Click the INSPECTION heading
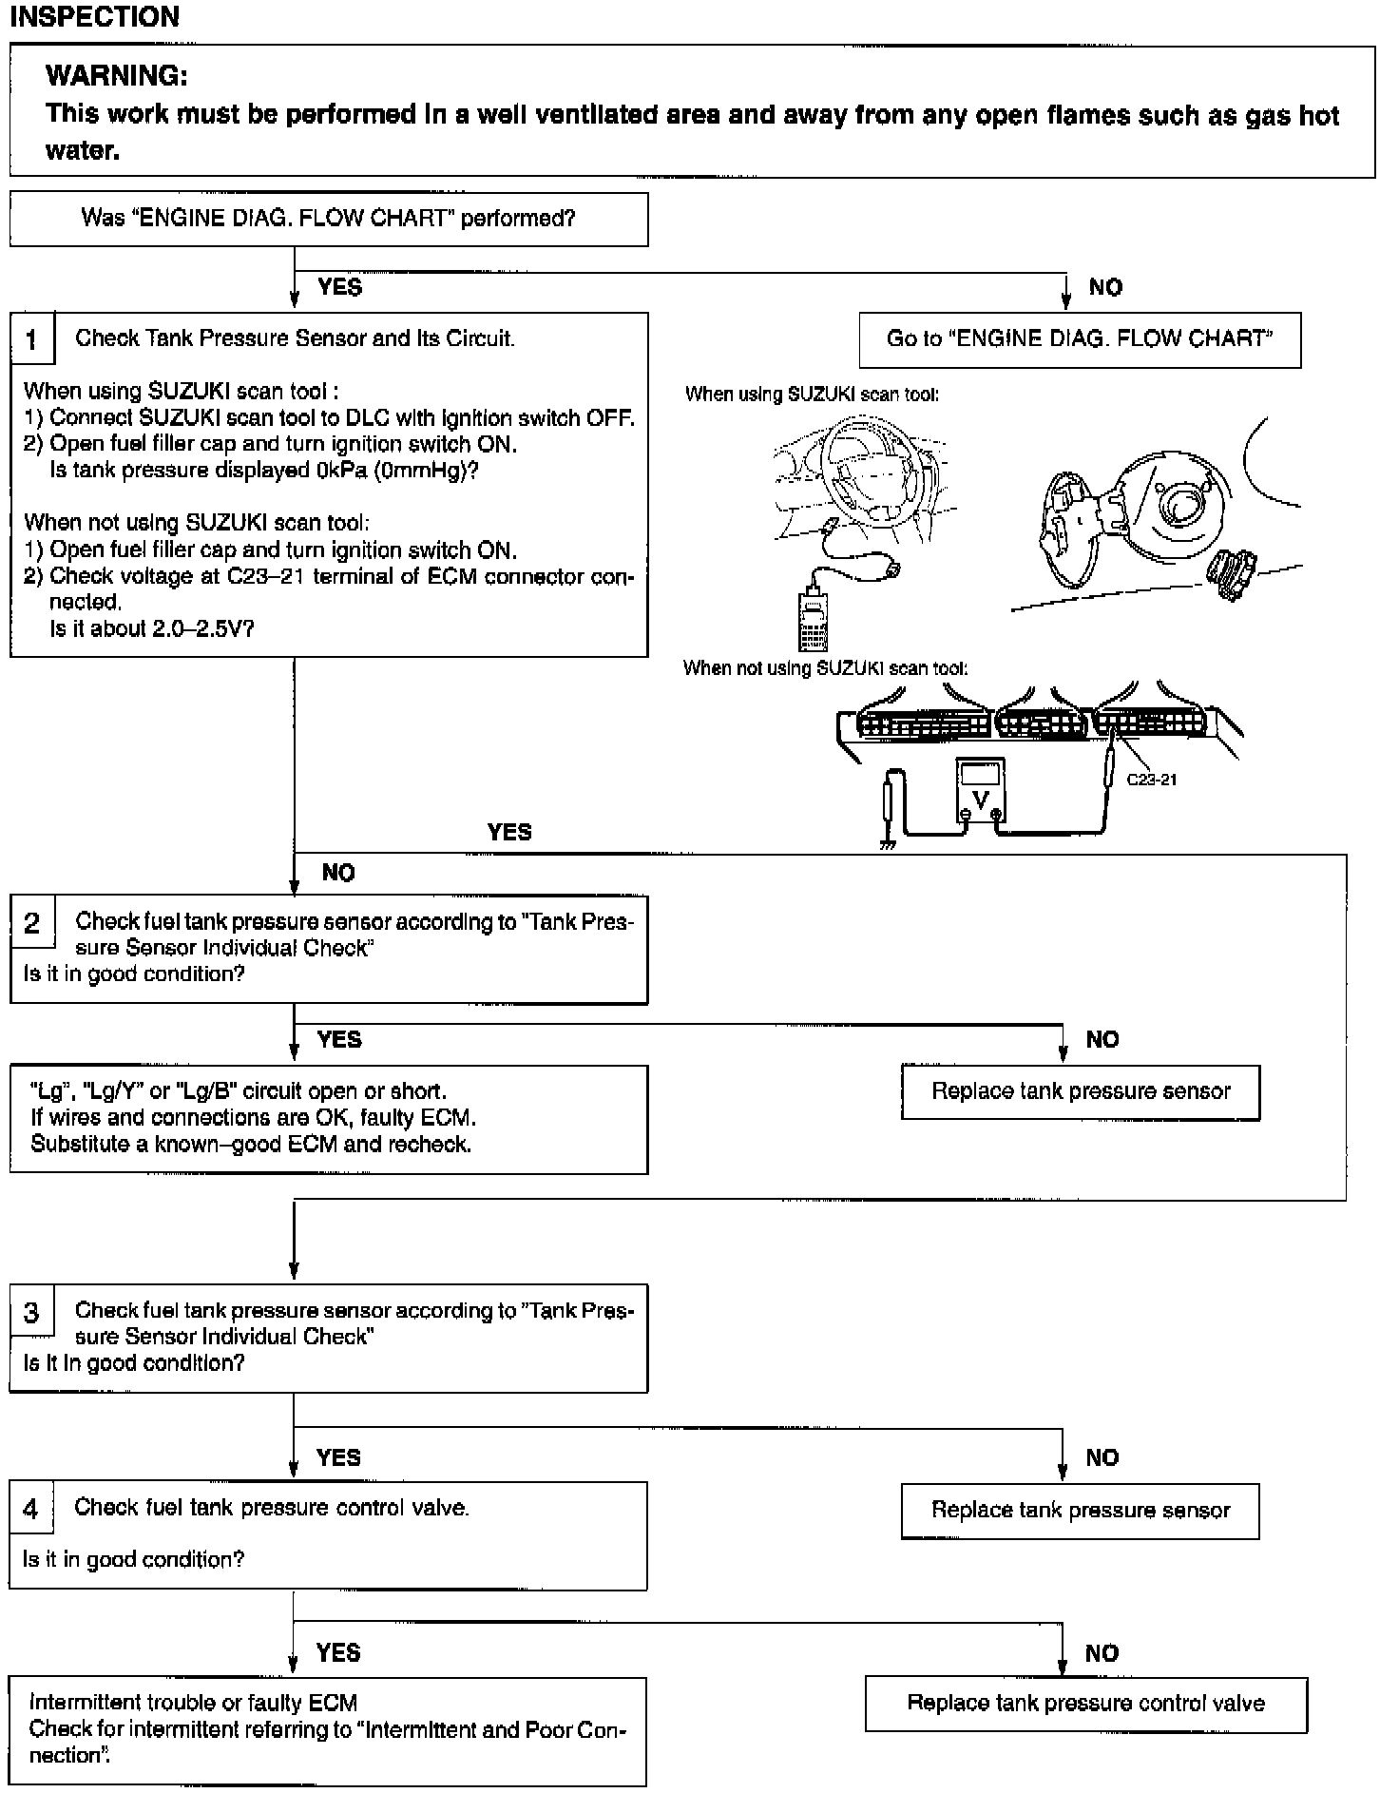point(94,17)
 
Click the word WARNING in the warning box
point(116,75)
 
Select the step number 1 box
point(32,338)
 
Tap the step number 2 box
point(32,922)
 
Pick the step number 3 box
point(32,1312)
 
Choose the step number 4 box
point(31,1509)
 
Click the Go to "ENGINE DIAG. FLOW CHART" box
point(1080,339)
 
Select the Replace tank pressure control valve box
point(1085,1703)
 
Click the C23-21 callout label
point(1151,780)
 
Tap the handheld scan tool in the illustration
point(813,618)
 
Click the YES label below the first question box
point(339,287)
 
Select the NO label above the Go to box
point(1105,287)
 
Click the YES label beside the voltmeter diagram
point(509,832)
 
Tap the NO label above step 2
point(338,873)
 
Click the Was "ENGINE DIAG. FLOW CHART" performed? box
point(329,219)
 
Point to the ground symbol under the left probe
point(888,844)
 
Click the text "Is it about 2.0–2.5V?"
point(152,628)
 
